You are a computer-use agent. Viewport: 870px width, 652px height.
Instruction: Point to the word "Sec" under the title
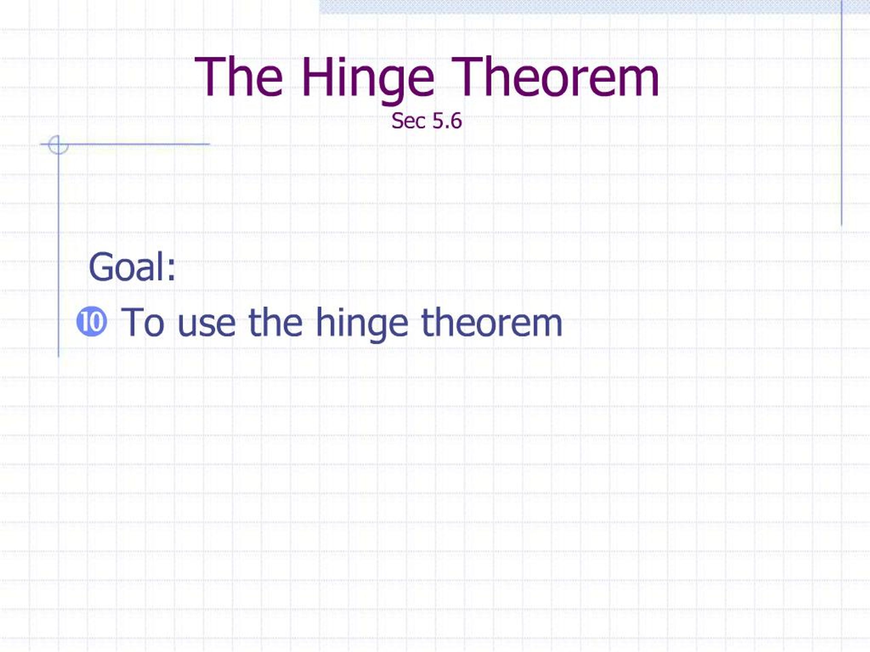(x=408, y=121)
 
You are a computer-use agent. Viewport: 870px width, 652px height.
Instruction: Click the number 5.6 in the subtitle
(x=447, y=121)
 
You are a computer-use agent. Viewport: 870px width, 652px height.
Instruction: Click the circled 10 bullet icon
(x=92, y=322)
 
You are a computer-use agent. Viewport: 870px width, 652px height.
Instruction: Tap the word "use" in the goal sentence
(x=207, y=324)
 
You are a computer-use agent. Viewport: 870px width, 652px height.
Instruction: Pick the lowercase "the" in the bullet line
(x=275, y=322)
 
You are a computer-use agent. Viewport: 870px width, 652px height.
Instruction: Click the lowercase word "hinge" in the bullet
(x=362, y=324)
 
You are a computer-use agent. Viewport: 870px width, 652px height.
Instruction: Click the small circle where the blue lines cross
(x=58, y=145)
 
